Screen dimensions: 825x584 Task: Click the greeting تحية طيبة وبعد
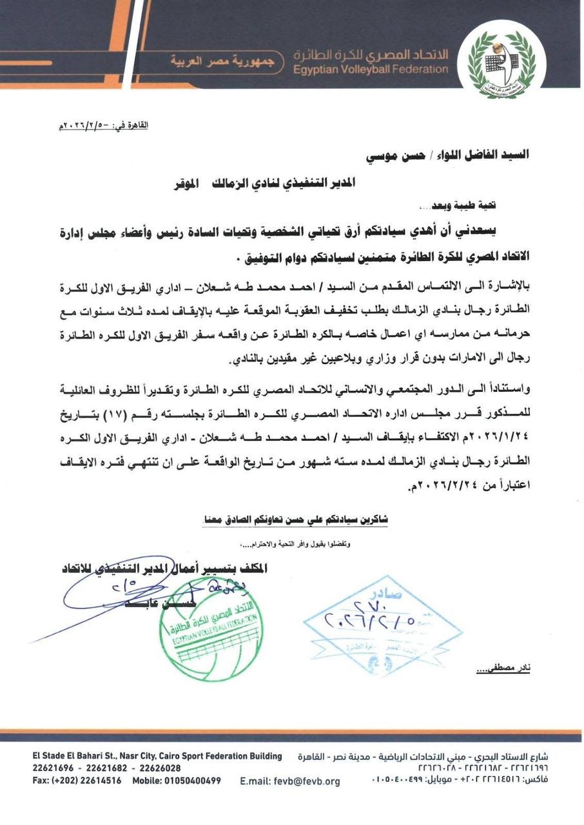tap(456, 207)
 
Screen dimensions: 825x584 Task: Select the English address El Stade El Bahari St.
tap(157, 756)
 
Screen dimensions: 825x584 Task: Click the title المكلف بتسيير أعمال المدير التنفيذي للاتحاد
tap(164, 568)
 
